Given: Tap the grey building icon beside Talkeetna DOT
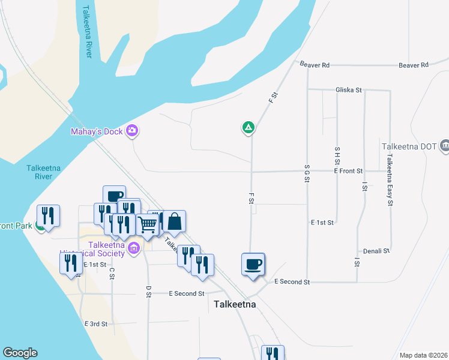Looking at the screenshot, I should pyautogui.click(x=445, y=145).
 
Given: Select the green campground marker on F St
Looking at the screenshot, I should pyautogui.click(x=247, y=127).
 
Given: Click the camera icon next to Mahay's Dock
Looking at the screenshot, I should pyautogui.click(x=133, y=131).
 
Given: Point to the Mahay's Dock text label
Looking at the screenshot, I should pyautogui.click(x=96, y=131).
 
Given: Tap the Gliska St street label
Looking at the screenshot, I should pyautogui.click(x=348, y=90).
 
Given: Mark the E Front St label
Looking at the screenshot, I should pyautogui.click(x=348, y=171).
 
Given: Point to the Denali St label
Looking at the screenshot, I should pyautogui.click(x=377, y=251).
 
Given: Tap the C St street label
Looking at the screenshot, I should pyautogui.click(x=112, y=273).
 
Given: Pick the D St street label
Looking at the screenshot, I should pyautogui.click(x=148, y=292).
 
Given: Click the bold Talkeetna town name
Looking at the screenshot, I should pyautogui.click(x=235, y=304).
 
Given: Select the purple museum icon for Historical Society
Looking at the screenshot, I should pyautogui.click(x=134, y=247).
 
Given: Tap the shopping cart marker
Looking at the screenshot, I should pyautogui.click(x=147, y=225).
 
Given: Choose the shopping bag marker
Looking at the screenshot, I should pyautogui.click(x=174, y=221).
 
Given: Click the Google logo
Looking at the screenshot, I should pyautogui.click(x=20, y=353).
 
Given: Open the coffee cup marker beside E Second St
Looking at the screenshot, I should pyautogui.click(x=253, y=263).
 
